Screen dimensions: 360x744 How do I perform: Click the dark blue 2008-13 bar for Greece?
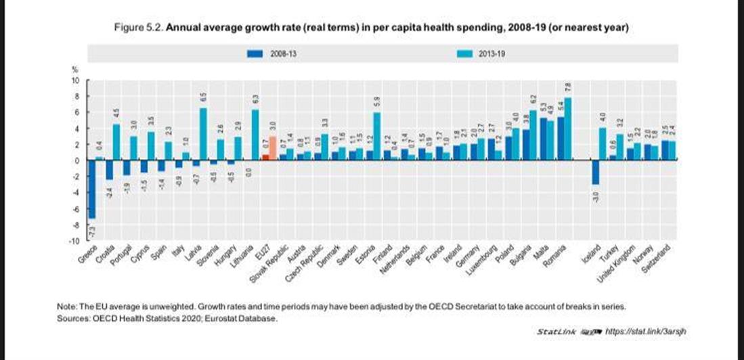tap(92, 189)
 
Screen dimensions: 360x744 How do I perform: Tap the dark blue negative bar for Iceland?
tap(594, 172)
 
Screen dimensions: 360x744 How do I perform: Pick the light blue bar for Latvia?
tap(202, 134)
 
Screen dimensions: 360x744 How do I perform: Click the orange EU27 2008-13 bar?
tap(265, 157)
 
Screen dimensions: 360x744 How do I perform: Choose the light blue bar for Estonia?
tap(376, 136)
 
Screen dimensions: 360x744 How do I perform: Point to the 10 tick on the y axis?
tap(76, 81)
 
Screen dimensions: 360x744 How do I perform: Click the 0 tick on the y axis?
tap(77, 161)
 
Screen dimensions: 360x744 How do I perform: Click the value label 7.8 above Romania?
tap(568, 87)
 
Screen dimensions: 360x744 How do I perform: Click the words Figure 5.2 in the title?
tap(141, 28)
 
